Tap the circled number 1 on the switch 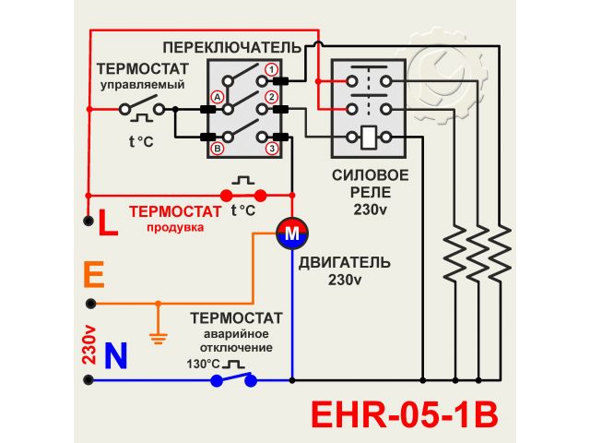tap(271, 69)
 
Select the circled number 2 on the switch tap(271, 97)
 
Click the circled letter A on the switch tap(218, 96)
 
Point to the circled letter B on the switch tap(218, 148)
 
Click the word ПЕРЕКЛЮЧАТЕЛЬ tap(231, 46)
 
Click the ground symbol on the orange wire tap(158, 337)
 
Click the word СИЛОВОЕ tap(369, 175)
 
